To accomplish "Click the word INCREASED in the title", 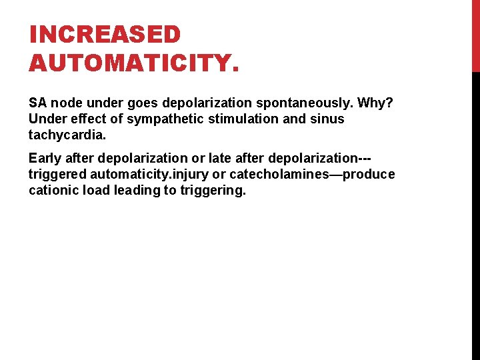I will (105, 35).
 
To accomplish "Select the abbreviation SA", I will (37, 103).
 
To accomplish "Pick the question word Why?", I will (375, 103).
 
